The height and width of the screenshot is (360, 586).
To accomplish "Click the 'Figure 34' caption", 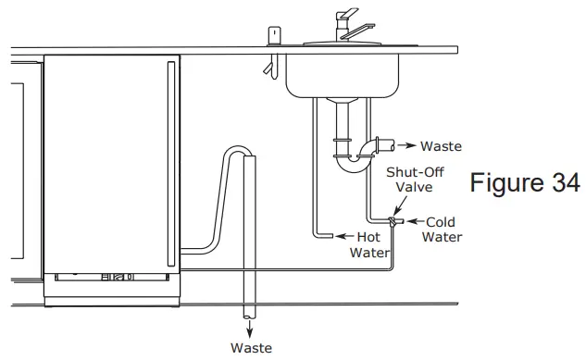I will pyautogui.click(x=523, y=182).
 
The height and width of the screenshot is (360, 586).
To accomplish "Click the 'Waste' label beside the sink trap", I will pyautogui.click(x=441, y=146).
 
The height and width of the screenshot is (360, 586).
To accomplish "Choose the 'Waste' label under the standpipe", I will pyautogui.click(x=251, y=348).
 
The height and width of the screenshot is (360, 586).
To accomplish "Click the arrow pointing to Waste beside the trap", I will pyautogui.click(x=406, y=146).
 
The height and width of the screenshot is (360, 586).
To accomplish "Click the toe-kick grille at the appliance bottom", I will pyautogui.click(x=112, y=277).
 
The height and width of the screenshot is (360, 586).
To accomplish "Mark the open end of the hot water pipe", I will pyautogui.click(x=327, y=237).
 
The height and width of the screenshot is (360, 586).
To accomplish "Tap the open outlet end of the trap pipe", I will pyautogui.click(x=392, y=145).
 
